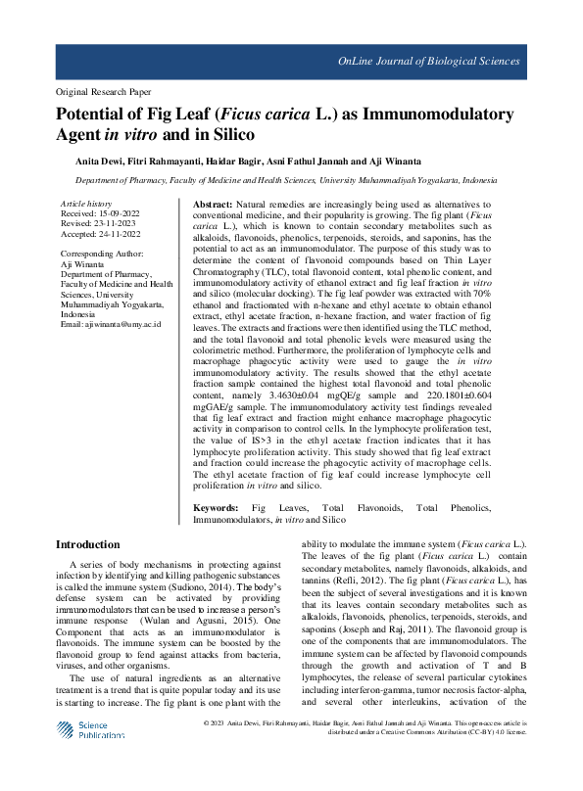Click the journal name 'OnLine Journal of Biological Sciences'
(x=428, y=62)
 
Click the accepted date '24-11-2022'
(x=128, y=233)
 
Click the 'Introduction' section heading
(x=88, y=544)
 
